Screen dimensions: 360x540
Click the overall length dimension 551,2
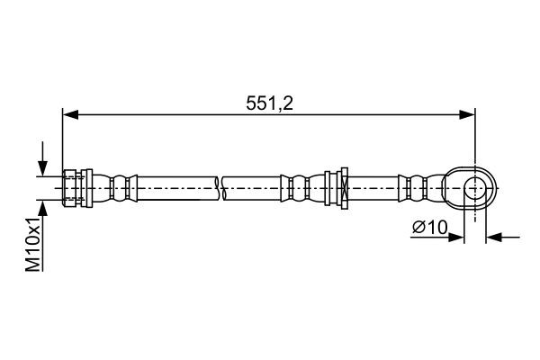pyautogui.click(x=269, y=103)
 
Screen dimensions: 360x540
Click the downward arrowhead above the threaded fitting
pyautogui.click(x=41, y=168)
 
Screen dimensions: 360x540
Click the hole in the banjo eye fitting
pyautogui.click(x=474, y=187)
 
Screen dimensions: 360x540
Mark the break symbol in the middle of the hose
pyautogui.click(x=220, y=187)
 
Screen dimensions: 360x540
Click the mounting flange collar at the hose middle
pyautogui.click(x=341, y=187)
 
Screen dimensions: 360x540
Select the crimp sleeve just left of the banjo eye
pyautogui.click(x=419, y=187)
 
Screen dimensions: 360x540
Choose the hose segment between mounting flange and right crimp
pyautogui.click(x=373, y=187)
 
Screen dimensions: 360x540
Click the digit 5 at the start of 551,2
pyautogui.click(x=250, y=103)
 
